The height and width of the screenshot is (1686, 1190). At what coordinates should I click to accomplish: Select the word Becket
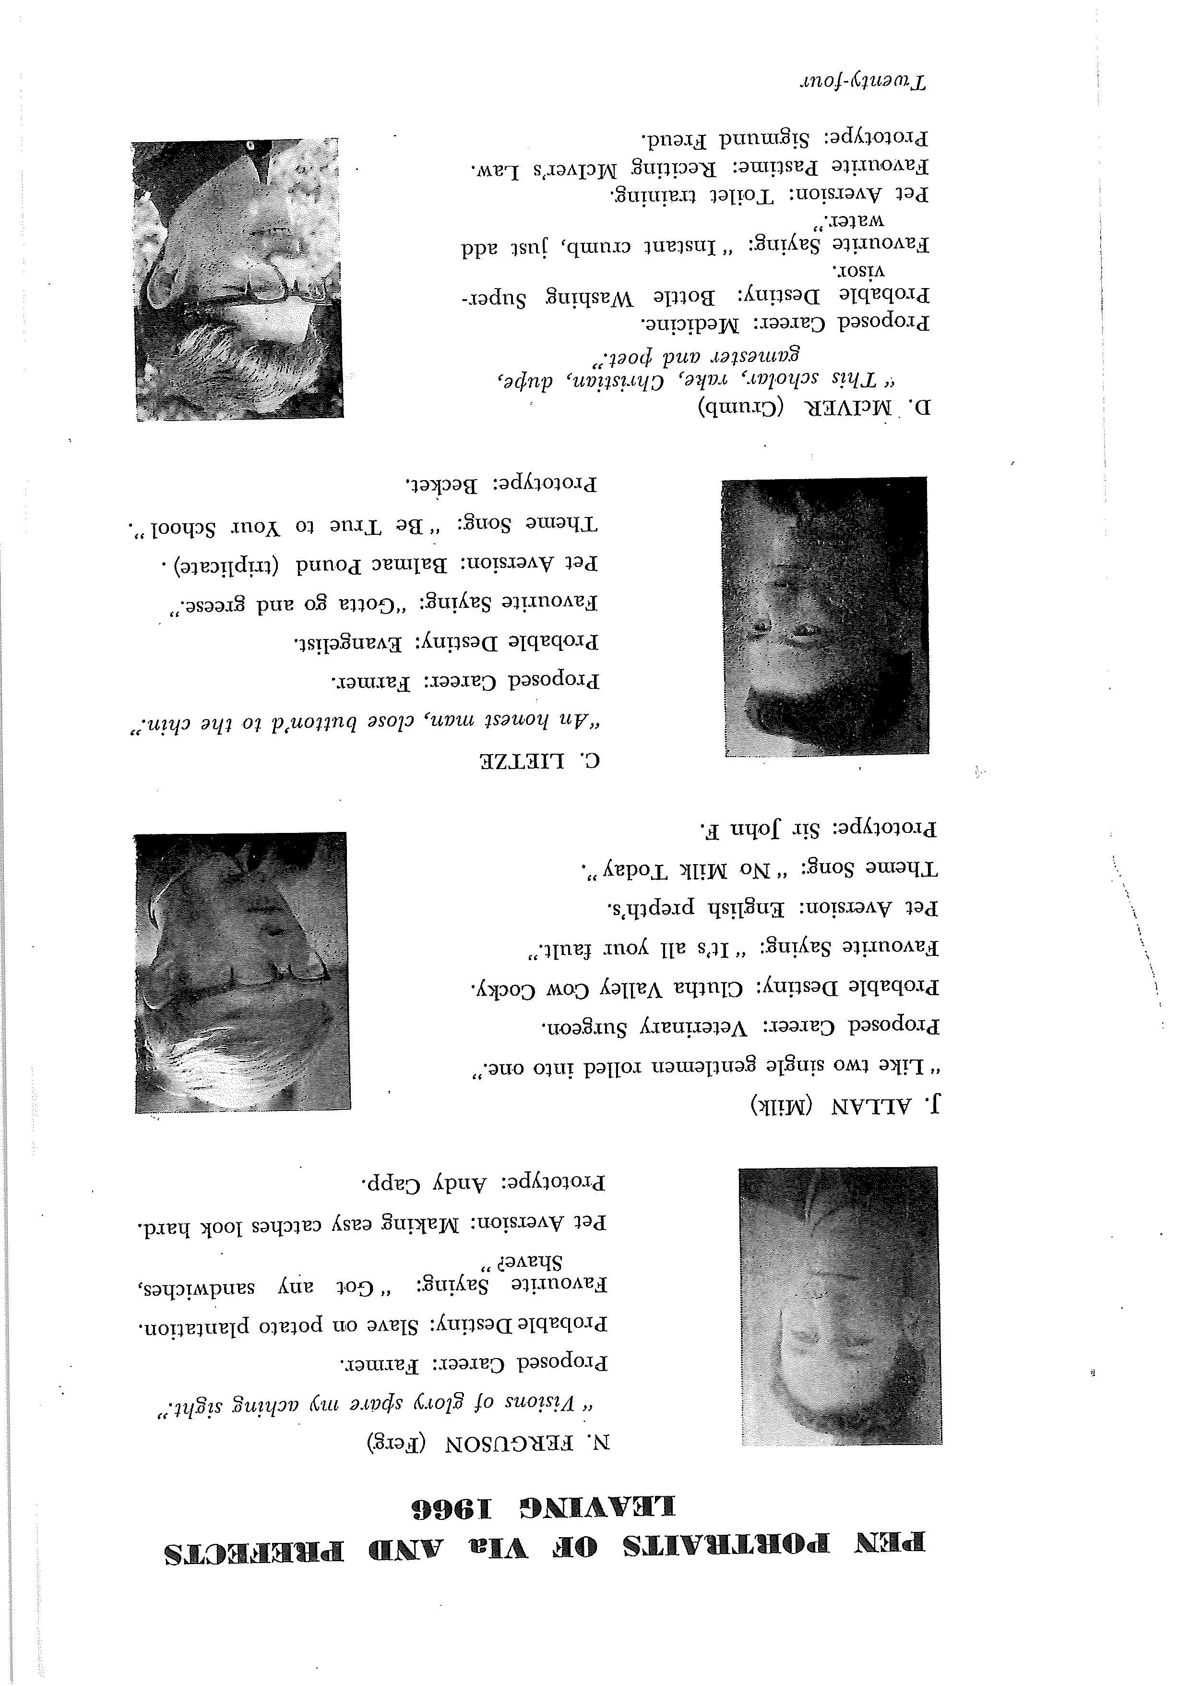(x=437, y=485)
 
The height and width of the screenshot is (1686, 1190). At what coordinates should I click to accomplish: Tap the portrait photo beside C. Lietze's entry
(x=824, y=617)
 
